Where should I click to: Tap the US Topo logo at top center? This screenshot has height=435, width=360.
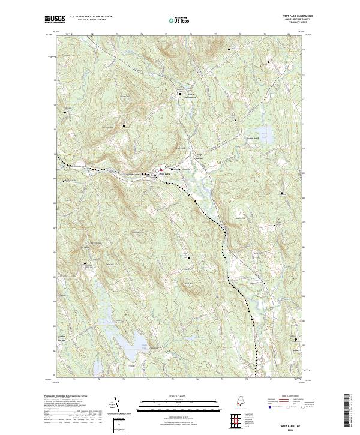pos(180,20)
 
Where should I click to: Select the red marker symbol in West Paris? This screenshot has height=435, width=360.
pos(160,170)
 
